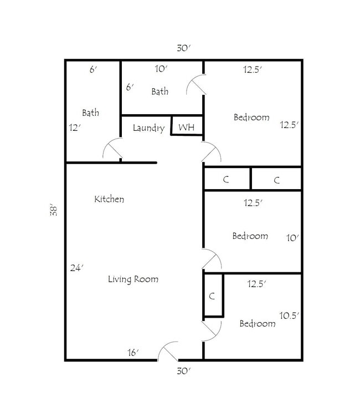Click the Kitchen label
pyautogui.click(x=109, y=199)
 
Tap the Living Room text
pyautogui.click(x=133, y=279)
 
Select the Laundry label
pyautogui.click(x=148, y=128)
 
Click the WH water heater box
pyautogui.click(x=187, y=127)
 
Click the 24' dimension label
pyautogui.click(x=76, y=268)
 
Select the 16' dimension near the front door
pyautogui.click(x=132, y=352)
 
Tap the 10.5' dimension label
pyautogui.click(x=289, y=316)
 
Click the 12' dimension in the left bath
pyautogui.click(x=75, y=127)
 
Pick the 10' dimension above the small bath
pyautogui.click(x=161, y=69)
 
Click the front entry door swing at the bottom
pyautogui.click(x=168, y=351)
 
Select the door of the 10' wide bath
pyautogui.click(x=196, y=85)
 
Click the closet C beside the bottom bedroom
pyautogui.click(x=212, y=296)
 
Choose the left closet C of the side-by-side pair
pyautogui.click(x=226, y=179)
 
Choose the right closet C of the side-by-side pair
pyautogui.click(x=276, y=179)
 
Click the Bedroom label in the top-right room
pyautogui.click(x=251, y=117)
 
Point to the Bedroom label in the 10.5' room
pyautogui.click(x=257, y=323)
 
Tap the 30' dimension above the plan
pyautogui.click(x=184, y=48)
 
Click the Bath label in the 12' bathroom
pyautogui.click(x=91, y=113)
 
